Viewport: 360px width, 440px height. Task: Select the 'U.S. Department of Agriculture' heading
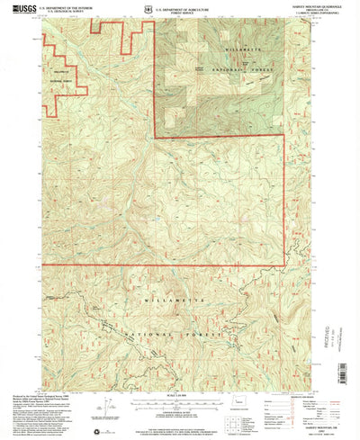191,6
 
